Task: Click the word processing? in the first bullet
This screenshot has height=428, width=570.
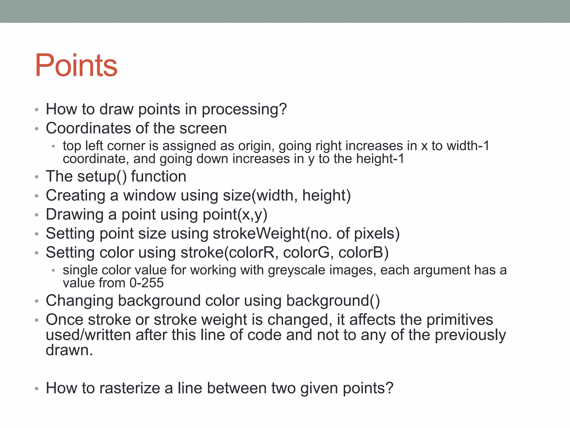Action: [244, 109]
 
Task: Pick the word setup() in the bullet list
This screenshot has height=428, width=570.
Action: [102, 177]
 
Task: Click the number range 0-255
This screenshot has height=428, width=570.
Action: [146, 283]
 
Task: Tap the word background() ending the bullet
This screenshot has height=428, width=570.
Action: [333, 301]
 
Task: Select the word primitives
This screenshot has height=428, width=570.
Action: [460, 320]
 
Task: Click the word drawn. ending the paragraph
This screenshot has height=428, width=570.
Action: [69, 350]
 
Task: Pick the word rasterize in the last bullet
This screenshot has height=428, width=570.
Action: [129, 388]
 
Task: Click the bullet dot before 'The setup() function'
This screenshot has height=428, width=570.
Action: [37, 177]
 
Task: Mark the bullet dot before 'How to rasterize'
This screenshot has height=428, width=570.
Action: [37, 389]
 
